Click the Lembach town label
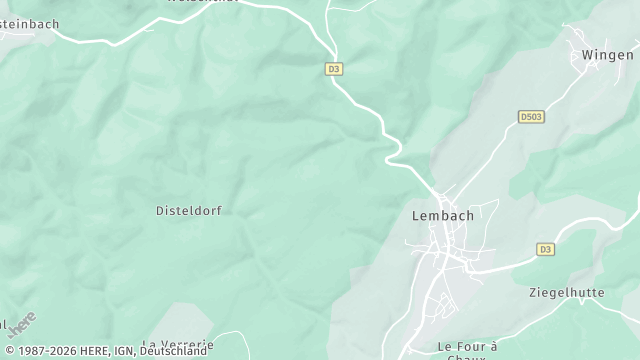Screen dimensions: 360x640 pyautogui.click(x=442, y=215)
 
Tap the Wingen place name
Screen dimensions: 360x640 pyautogui.click(x=607, y=55)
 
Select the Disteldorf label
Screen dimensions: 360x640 pyautogui.click(x=188, y=211)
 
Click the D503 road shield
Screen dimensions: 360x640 pyautogui.click(x=531, y=117)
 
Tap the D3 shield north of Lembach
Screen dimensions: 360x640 pyautogui.click(x=334, y=68)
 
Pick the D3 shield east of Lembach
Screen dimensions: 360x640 pyautogui.click(x=545, y=249)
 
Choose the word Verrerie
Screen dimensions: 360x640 pyautogui.click(x=187, y=344)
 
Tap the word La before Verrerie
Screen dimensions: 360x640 pyautogui.click(x=150, y=344)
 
